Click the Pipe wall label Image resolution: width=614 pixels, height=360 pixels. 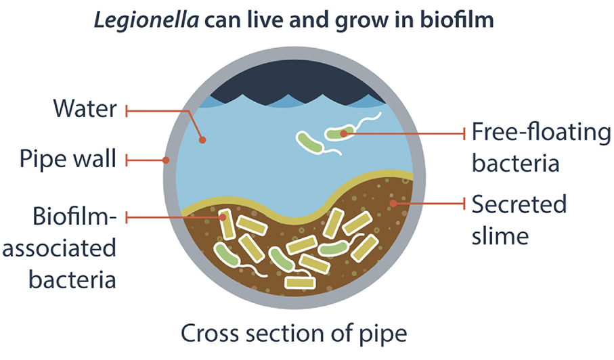tap(68, 161)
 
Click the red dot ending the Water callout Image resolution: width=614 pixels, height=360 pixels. tap(202, 140)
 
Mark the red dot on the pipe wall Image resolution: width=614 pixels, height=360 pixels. tap(167, 161)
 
